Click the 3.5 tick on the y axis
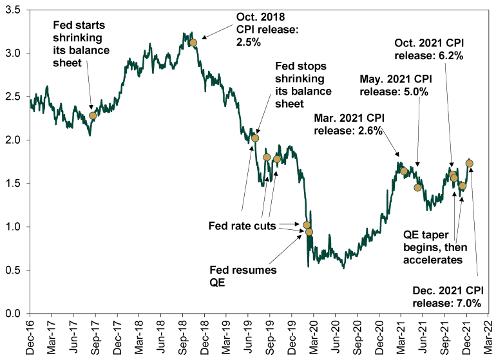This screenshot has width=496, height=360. pyautogui.click(x=13, y=10)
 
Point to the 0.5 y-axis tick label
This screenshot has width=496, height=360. pyautogui.click(x=13, y=270)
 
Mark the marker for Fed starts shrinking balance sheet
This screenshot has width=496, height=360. pyautogui.click(x=93, y=116)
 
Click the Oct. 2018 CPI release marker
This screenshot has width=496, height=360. pyautogui.click(x=193, y=43)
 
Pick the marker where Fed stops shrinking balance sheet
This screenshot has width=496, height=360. pyautogui.click(x=255, y=138)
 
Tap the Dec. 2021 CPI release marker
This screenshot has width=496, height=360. pyautogui.click(x=470, y=164)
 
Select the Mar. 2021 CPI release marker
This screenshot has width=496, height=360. pyautogui.click(x=404, y=171)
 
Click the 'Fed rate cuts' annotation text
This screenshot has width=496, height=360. pyautogui.click(x=242, y=226)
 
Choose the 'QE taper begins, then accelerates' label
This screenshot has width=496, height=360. pyautogui.click(x=435, y=247)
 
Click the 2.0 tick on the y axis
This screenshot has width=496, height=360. pyautogui.click(x=13, y=140)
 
